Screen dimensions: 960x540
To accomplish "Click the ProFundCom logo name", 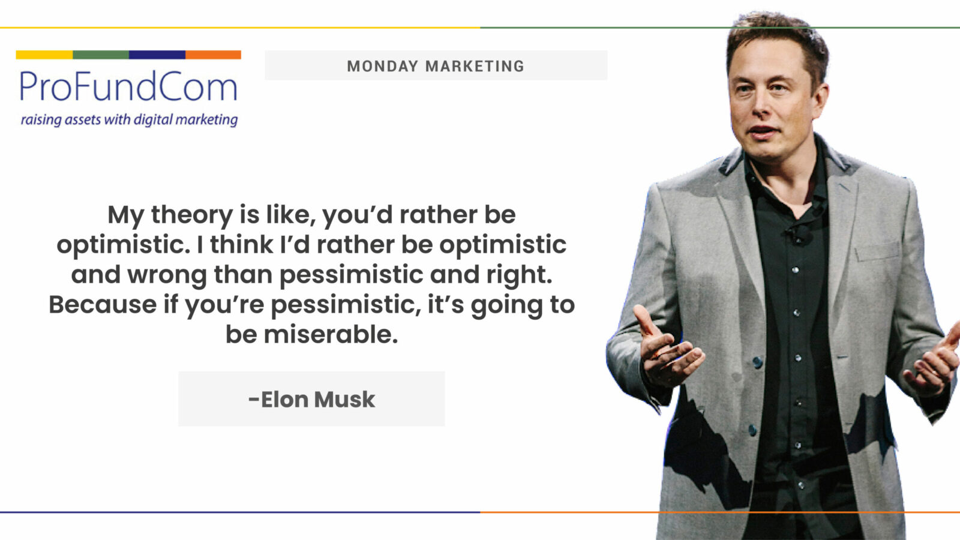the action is tap(128, 86).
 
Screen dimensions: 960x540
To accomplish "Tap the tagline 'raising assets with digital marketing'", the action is tap(129, 119).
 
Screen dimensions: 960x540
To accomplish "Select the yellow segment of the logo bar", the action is tap(44, 55).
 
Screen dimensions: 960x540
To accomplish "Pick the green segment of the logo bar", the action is tap(101, 55).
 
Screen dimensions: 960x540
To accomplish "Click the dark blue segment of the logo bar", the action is tap(157, 55).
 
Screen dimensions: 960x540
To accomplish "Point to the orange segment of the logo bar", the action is tap(213, 55).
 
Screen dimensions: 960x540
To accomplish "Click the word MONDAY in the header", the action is tap(382, 66).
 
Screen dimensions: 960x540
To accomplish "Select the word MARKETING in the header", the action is tap(475, 66).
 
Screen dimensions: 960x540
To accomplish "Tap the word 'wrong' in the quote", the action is tap(167, 275).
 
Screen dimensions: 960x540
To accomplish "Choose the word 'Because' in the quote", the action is tap(103, 304).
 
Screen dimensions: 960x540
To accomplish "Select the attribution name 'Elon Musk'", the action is tap(317, 400).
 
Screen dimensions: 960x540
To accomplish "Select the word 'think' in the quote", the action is tap(241, 245).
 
